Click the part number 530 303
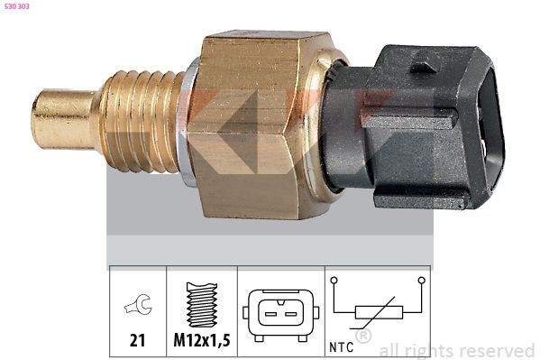point(19,8)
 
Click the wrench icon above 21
point(137,307)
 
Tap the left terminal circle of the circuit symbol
point(334,282)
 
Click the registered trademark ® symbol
point(363,337)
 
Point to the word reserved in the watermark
point(496,350)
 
